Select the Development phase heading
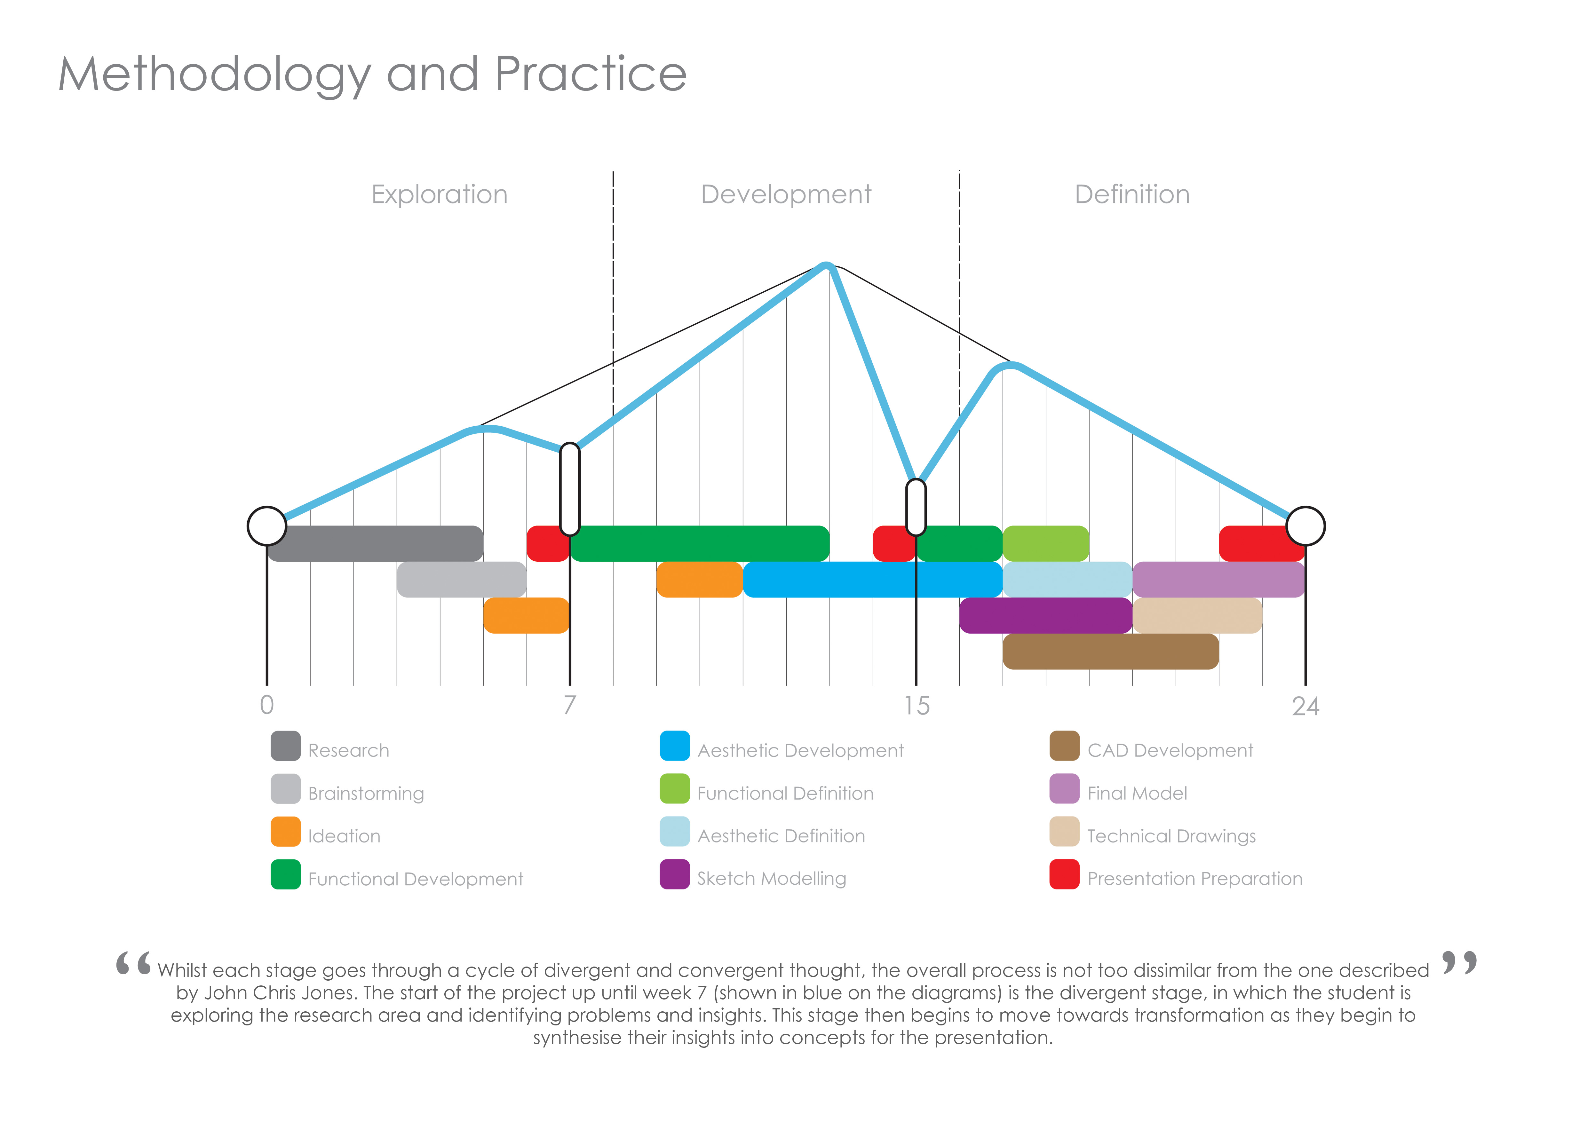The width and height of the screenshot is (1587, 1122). pyautogui.click(x=786, y=195)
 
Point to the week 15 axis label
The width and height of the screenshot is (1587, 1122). pyautogui.click(x=916, y=705)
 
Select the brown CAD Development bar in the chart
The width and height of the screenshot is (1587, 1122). pyautogui.click(x=1110, y=652)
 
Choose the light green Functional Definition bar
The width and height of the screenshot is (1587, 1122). pyautogui.click(x=1046, y=544)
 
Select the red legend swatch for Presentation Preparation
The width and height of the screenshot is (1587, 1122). pyautogui.click(x=1064, y=874)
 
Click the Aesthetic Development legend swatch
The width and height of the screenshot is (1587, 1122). pyautogui.click(x=675, y=746)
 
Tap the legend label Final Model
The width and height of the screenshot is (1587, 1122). pyautogui.click(x=1137, y=793)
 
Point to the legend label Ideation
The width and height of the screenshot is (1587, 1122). pyautogui.click(x=344, y=836)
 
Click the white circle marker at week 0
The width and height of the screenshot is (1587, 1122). pyautogui.click(x=267, y=526)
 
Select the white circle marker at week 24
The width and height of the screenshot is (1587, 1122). pyautogui.click(x=1305, y=526)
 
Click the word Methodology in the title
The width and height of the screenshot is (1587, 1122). pyautogui.click(x=214, y=75)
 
